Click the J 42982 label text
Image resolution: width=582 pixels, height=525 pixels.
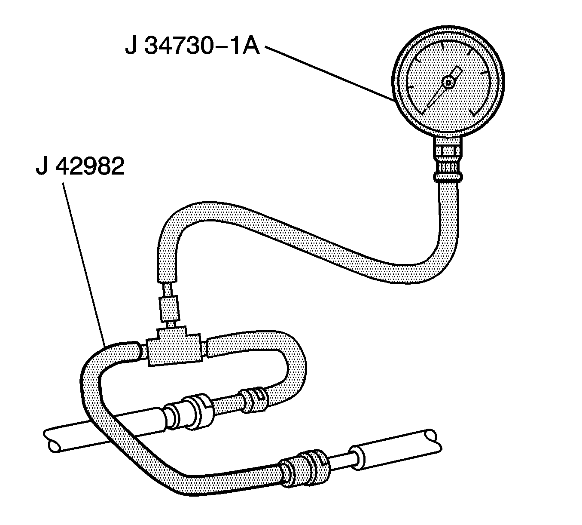coord(80,166)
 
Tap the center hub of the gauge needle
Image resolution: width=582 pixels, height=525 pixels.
coord(448,83)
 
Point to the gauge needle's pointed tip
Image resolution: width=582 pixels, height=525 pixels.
coord(428,106)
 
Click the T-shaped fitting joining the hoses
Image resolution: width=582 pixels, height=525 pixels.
coord(174,346)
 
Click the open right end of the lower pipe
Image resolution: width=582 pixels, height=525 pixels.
coord(434,439)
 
